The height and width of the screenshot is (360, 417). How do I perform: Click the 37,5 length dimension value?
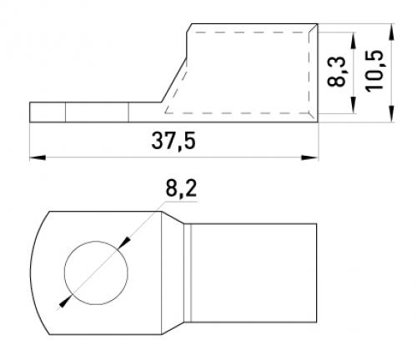point(173,141)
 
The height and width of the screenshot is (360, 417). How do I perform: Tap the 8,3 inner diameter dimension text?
point(336,72)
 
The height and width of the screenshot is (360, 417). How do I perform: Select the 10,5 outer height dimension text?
point(374,71)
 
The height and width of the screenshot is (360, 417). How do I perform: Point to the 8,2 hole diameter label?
point(181,188)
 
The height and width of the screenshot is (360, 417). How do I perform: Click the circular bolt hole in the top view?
point(96,272)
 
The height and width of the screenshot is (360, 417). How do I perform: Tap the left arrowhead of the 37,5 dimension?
point(38,157)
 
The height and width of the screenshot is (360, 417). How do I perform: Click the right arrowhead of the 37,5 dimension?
point(309,157)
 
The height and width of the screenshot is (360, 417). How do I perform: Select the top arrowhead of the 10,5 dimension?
point(392,32)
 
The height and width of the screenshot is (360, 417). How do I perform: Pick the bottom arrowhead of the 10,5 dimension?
point(392,113)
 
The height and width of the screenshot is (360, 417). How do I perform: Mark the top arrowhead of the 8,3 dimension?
point(354,41)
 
